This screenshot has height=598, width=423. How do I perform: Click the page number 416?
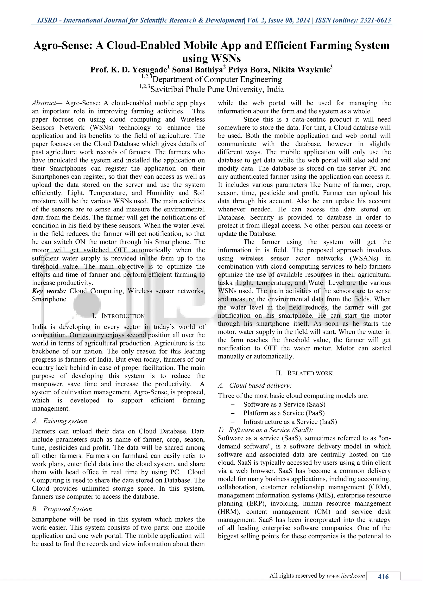click(383, 577)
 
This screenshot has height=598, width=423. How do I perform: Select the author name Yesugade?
click(149, 70)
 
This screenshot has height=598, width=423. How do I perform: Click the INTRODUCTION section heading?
click(123, 316)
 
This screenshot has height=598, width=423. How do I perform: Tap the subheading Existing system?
click(65, 421)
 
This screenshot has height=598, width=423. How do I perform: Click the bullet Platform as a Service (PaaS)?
click(284, 413)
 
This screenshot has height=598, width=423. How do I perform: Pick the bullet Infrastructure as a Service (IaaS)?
click(290, 422)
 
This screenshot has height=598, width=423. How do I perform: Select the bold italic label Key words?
click(49, 291)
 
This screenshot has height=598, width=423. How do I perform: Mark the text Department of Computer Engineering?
click(217, 79)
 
